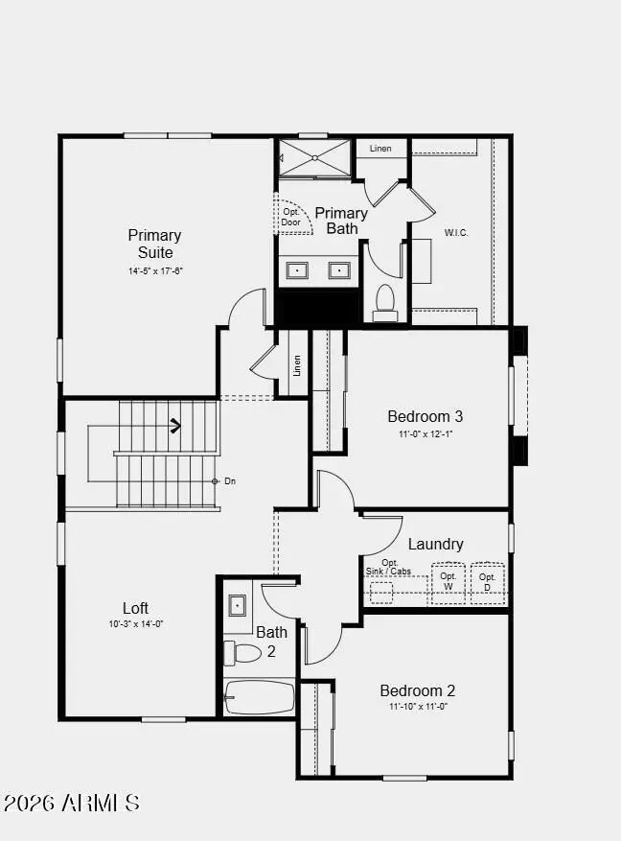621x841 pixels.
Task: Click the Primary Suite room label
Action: (154, 244)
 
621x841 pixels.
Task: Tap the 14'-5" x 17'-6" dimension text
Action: (155, 271)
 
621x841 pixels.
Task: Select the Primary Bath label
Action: (341, 221)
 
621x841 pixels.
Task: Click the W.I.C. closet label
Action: (456, 233)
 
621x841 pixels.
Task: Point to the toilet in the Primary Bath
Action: (385, 300)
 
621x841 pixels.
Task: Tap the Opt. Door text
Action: (290, 217)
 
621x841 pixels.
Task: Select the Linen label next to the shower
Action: (380, 149)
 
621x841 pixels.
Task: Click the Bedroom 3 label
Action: (425, 416)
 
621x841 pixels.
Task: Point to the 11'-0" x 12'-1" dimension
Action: (425, 434)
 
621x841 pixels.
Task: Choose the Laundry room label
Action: (435, 544)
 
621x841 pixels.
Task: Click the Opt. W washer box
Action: (448, 582)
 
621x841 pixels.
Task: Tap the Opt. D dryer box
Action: (487, 582)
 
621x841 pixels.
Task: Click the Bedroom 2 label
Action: (417, 690)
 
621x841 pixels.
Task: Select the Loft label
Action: (135, 608)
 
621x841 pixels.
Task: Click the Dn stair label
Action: (230, 481)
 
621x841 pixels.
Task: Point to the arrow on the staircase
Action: (176, 425)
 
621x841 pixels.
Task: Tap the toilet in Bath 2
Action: (243, 653)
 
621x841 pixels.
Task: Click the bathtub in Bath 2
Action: (260, 697)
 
